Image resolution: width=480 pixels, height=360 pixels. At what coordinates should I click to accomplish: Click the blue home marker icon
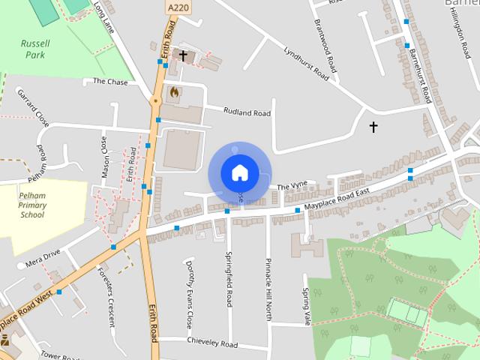(x=239, y=173)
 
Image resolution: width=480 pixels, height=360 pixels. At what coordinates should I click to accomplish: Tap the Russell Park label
(x=34, y=49)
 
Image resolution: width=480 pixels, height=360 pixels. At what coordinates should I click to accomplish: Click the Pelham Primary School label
(x=32, y=204)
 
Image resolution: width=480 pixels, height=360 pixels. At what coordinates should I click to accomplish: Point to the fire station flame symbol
(x=174, y=92)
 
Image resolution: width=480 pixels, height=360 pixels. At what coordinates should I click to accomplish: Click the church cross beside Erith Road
(x=182, y=55)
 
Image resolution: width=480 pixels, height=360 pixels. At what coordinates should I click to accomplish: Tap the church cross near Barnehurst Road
(x=373, y=127)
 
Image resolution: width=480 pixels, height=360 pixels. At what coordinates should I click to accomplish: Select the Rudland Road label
(x=247, y=112)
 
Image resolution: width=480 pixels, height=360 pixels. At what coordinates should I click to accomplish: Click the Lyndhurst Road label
(x=306, y=64)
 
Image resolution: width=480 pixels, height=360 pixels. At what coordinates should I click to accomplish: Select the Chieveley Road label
(x=212, y=344)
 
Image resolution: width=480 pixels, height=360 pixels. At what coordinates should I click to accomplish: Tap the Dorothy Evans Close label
(x=190, y=293)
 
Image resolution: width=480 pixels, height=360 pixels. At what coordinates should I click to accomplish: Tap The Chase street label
(x=110, y=82)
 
